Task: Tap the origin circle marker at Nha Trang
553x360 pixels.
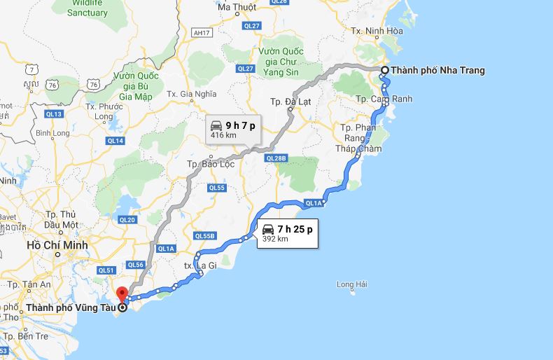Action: tap(384, 70)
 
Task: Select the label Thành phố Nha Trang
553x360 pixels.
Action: tap(437, 70)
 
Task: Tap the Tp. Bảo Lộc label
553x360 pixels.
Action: tap(209, 164)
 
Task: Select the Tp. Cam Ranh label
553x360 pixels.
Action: tap(384, 99)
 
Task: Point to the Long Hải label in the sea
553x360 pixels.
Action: tap(351, 284)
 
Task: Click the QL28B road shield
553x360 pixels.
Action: tap(276, 158)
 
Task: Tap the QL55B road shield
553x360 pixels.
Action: tap(204, 236)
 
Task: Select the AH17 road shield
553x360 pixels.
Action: tap(200, 32)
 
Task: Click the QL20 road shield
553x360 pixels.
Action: tap(127, 219)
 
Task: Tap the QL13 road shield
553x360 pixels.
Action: tap(54, 114)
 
